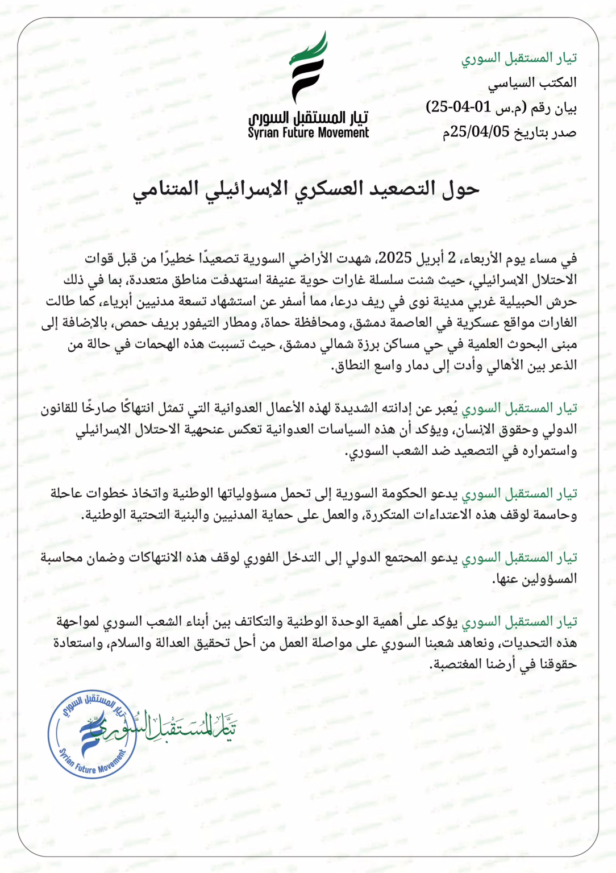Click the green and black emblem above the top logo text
click(308, 67)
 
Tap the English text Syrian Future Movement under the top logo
click(308, 133)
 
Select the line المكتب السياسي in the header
click(532, 83)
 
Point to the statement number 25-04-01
click(458, 107)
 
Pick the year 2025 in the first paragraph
click(395, 258)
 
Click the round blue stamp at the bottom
click(92, 734)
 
